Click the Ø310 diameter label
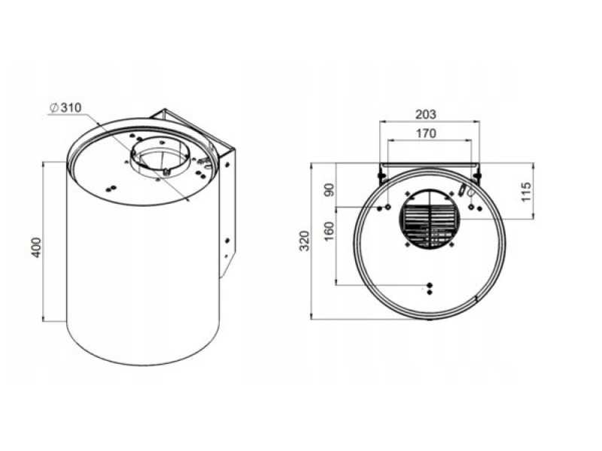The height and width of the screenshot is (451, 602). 65,107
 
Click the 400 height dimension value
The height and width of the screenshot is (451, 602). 35,248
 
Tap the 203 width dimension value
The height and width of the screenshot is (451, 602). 426,114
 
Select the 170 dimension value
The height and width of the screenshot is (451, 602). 426,134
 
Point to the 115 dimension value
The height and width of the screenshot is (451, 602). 526,192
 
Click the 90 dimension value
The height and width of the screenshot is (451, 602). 330,190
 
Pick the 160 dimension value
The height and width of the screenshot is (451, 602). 330,232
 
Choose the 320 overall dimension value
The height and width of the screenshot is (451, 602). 304,241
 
